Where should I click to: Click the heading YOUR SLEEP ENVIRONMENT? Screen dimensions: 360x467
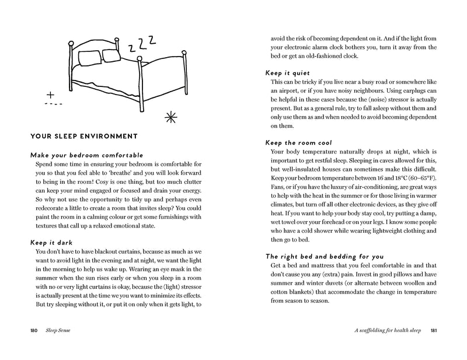pyautogui.click(x=83, y=137)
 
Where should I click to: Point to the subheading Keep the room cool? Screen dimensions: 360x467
pyautogui.click(x=298, y=142)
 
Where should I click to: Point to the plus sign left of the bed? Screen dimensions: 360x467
pyautogui.click(x=50, y=95)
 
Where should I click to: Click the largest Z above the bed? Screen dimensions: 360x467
pyautogui.click(x=152, y=40)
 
